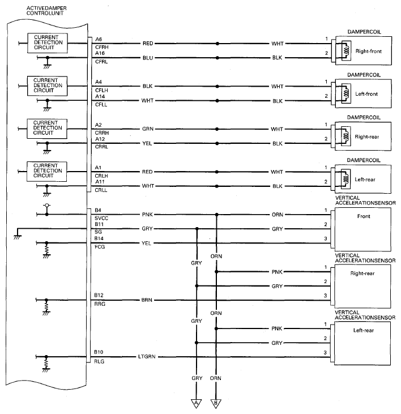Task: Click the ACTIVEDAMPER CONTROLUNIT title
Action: coord(46,11)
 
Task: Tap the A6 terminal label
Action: coord(99,39)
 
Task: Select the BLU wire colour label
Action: coord(148,58)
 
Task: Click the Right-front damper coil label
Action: coord(369,51)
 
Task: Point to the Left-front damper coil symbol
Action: coord(346,93)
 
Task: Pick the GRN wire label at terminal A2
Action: coord(148,129)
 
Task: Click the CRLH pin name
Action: coord(101,176)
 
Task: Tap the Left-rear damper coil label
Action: coord(365,180)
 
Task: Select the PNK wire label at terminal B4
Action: coord(147,215)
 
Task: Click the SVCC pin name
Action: coord(101,219)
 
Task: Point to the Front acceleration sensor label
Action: coord(364,216)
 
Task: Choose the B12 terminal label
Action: coord(99,295)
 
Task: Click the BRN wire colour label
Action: coord(147,300)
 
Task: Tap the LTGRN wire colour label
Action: coord(147,357)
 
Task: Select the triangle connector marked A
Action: coord(196,403)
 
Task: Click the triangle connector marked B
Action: coord(216,403)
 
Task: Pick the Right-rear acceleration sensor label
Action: coord(362,274)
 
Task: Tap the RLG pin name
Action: coord(99,361)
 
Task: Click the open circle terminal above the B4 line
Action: coord(47,205)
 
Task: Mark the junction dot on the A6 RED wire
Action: coord(217,44)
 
